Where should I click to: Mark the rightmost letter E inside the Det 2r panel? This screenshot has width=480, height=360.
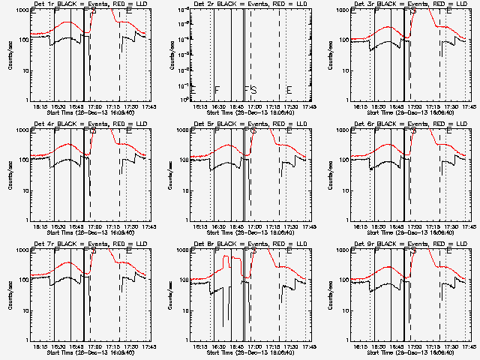pyautogui.click(x=289, y=90)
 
